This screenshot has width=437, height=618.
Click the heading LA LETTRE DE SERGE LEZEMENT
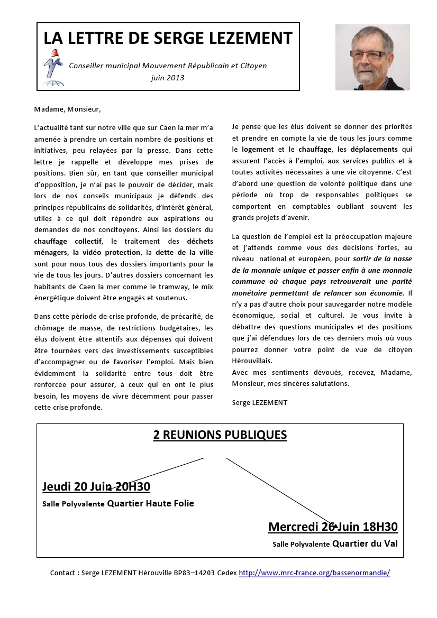click(168, 38)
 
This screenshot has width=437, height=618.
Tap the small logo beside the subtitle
click(53, 67)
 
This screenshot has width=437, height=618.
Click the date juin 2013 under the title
click(168, 78)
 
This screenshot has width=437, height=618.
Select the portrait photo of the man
click(372, 57)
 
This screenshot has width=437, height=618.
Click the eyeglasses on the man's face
click(367, 54)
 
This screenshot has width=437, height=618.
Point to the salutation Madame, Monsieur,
click(67, 109)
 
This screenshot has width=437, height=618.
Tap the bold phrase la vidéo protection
click(107, 252)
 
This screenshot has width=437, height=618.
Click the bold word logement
click(258, 149)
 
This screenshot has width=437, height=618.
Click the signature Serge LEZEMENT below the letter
click(259, 402)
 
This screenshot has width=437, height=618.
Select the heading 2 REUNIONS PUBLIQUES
click(220, 435)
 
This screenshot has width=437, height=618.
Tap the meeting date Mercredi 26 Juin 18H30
click(333, 527)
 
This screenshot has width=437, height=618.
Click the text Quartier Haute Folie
click(150, 503)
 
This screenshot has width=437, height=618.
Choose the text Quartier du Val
click(365, 543)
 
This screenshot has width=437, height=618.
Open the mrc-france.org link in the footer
click(314, 573)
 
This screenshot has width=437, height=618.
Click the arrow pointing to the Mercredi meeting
click(280, 492)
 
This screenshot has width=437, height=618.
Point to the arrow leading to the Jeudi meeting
click(159, 473)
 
